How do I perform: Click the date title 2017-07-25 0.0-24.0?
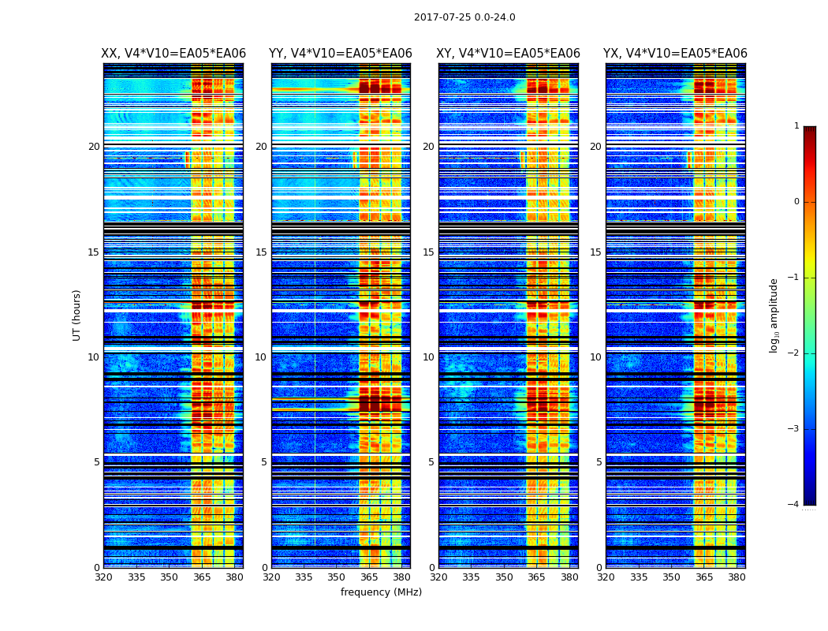(x=464, y=17)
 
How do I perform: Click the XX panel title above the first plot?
(x=173, y=54)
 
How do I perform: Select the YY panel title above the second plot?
(x=341, y=54)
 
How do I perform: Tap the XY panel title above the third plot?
(x=509, y=54)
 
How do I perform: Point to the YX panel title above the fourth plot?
(x=675, y=54)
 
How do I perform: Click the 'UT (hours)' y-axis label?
(x=77, y=315)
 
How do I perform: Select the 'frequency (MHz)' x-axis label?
(x=381, y=592)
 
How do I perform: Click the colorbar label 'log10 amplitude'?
(x=774, y=315)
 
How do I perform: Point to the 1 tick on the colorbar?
(x=796, y=126)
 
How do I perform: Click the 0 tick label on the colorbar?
(x=796, y=202)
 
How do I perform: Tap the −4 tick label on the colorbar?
(x=794, y=505)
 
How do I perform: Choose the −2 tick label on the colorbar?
(x=794, y=353)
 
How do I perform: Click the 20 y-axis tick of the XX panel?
(x=94, y=147)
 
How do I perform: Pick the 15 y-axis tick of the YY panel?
(x=261, y=252)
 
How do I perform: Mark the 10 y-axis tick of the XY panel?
(x=428, y=357)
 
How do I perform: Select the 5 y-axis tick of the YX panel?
(x=599, y=462)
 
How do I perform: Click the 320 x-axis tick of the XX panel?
(x=103, y=577)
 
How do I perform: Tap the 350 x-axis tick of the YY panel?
(x=337, y=577)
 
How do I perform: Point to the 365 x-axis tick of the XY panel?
(x=537, y=577)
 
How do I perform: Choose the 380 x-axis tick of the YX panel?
(x=737, y=577)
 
